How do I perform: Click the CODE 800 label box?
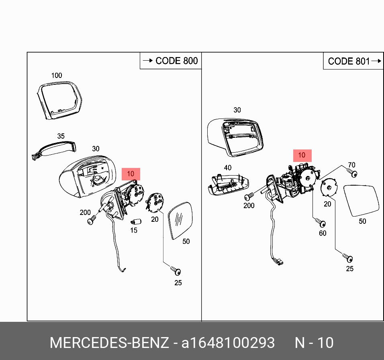tap(170, 61)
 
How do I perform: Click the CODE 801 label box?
tap(353, 61)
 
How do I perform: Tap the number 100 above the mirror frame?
tap(57, 75)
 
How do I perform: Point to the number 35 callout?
tap(61, 136)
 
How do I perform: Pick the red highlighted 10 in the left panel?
tap(131, 174)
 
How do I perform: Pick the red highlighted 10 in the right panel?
tap(302, 155)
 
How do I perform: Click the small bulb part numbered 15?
tap(135, 221)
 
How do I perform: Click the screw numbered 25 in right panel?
tap(347, 257)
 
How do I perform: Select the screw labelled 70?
tap(353, 174)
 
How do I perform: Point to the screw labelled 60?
tap(321, 223)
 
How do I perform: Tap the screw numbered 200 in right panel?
tap(249, 196)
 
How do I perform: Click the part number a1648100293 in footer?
tap(228, 343)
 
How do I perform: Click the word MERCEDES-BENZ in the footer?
tap(109, 343)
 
